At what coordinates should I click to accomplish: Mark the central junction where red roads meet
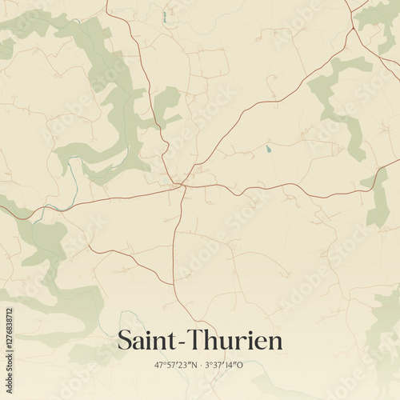coord(183,186)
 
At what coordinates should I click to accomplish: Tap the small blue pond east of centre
coord(269,149)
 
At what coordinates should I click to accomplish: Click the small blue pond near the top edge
coord(164,15)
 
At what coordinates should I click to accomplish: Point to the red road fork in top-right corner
coord(352,30)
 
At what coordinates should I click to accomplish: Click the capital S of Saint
coord(124,340)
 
